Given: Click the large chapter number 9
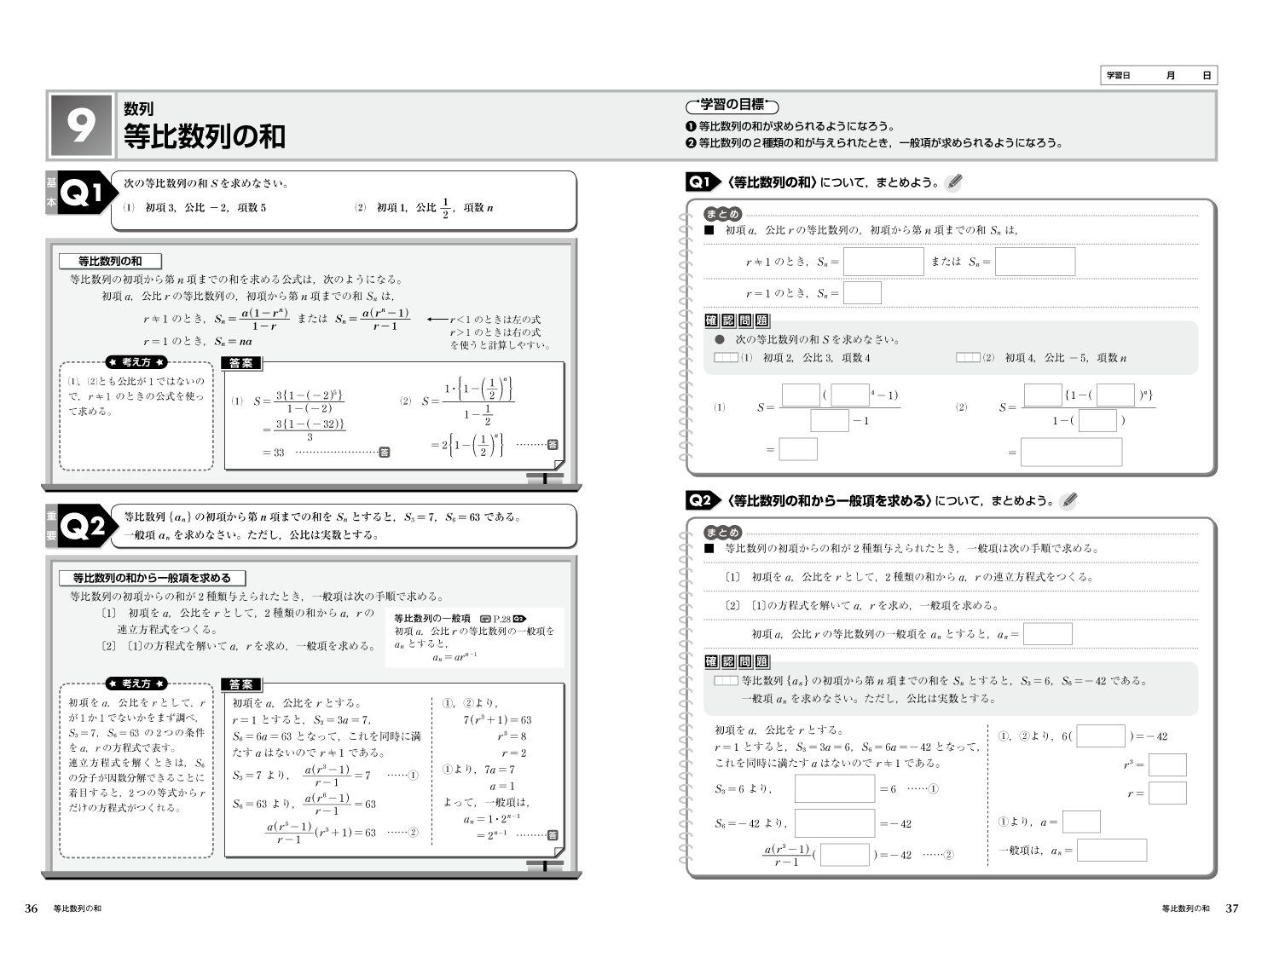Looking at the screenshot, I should (x=81, y=127).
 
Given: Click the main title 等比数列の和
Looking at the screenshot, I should (x=205, y=136).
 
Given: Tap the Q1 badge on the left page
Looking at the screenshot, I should (x=84, y=193).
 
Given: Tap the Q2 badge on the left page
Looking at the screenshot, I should (x=84, y=527).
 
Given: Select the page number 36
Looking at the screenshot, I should (x=32, y=909).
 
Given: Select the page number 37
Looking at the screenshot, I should (x=1231, y=909).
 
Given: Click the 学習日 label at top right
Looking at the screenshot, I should (x=1118, y=76).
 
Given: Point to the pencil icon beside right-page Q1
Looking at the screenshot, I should (x=954, y=182).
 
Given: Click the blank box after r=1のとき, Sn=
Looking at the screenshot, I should (x=862, y=293).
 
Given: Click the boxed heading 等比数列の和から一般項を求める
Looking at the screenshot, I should (x=152, y=578).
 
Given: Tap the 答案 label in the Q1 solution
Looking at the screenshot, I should (x=241, y=363).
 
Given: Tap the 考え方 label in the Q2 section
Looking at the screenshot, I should (x=136, y=684).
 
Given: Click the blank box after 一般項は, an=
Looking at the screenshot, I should (x=1111, y=851).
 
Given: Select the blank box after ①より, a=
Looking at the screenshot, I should (x=1081, y=822).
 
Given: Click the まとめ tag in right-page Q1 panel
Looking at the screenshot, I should (x=722, y=214).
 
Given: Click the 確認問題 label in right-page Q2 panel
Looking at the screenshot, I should (x=737, y=661).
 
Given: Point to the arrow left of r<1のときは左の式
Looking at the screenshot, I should (x=437, y=320).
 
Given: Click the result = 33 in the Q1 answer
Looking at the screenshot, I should (x=274, y=453).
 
